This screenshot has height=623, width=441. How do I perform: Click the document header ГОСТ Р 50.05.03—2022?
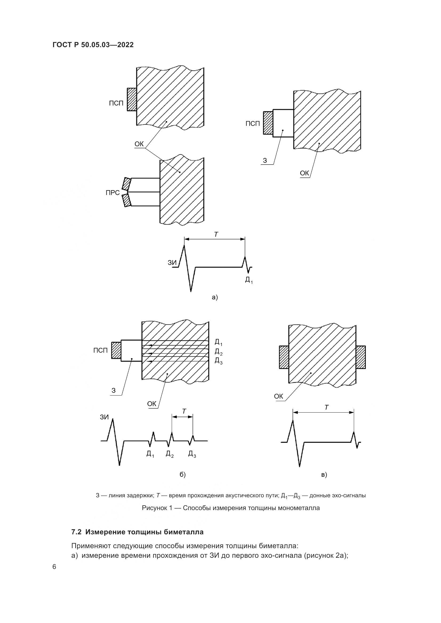click(x=93, y=45)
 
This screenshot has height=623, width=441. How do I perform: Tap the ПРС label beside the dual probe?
click(x=113, y=193)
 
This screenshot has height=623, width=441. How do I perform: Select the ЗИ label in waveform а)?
click(x=172, y=263)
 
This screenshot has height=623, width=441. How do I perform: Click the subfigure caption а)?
click(x=215, y=298)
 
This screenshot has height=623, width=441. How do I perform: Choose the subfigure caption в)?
click(x=324, y=475)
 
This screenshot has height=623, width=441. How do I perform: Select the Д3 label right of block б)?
click(x=218, y=360)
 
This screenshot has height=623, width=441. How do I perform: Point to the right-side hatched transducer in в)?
click(x=361, y=357)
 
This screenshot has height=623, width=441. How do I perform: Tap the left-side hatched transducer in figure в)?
click(x=284, y=357)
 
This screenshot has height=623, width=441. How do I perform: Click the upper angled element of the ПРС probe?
click(x=127, y=184)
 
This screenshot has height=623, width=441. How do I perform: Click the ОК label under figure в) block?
click(x=278, y=396)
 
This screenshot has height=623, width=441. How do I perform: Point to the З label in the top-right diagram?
click(x=265, y=161)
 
